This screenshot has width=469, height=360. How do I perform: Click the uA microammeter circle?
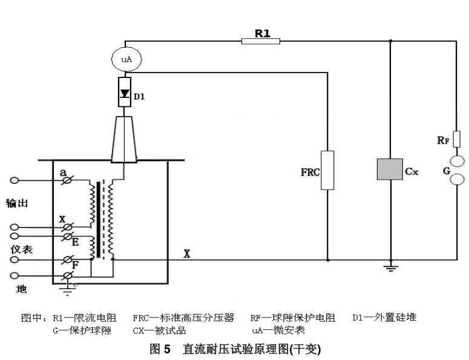point(124,59)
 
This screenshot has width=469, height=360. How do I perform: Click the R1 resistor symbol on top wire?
point(261,41)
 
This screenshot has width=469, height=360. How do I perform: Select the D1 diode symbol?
point(124,93)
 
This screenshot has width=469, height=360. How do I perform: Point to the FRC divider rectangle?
point(327,170)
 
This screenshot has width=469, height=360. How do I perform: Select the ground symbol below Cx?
point(390,267)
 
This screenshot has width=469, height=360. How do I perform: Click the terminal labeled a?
point(68,180)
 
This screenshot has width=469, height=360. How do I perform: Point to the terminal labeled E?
point(68,235)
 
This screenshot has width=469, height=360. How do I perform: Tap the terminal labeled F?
point(68,260)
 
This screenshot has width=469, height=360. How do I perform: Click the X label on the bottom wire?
point(187,254)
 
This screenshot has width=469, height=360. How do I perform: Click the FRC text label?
point(310,172)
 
